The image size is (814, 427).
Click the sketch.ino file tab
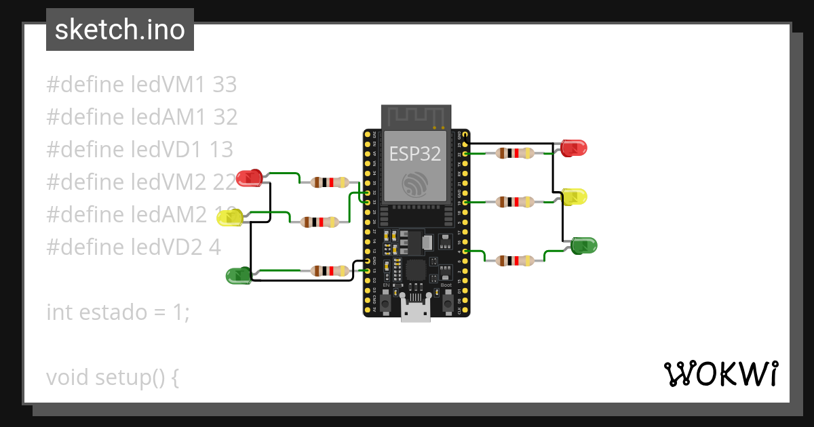(120, 30)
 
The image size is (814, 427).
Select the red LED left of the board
(250, 178)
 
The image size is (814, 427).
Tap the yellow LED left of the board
(231, 218)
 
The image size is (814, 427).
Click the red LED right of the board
(574, 148)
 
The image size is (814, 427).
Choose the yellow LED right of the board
(574, 197)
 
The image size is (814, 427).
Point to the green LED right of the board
(583, 245)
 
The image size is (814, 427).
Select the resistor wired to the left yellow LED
(320, 222)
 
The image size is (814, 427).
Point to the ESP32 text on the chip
(414, 154)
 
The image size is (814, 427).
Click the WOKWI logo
(720, 373)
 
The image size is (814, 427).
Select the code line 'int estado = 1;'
(118, 312)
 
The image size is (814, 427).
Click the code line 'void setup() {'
(113, 377)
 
